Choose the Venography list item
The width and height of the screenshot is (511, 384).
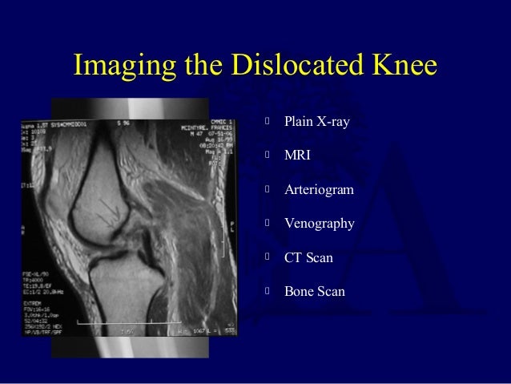click(319, 224)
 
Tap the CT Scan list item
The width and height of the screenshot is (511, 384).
click(308, 258)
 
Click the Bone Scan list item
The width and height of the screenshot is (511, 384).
click(314, 292)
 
